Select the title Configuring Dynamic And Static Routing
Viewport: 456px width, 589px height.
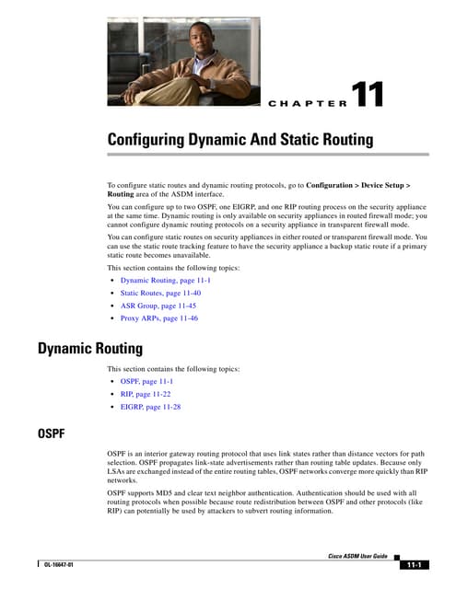pyautogui.click(x=240, y=140)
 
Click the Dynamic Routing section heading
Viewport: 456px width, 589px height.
pyautogui.click(x=90, y=349)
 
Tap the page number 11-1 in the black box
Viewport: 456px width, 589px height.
pyautogui.click(x=415, y=564)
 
